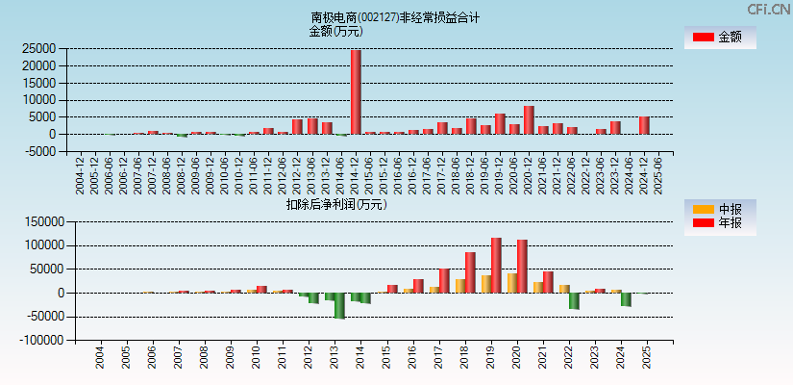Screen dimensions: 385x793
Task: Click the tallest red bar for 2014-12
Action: click(x=356, y=91)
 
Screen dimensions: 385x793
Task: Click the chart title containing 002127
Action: click(x=395, y=17)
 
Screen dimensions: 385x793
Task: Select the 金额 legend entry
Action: click(x=720, y=38)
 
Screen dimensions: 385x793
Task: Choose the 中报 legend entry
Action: click(x=720, y=209)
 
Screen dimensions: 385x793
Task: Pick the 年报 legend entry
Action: click(x=720, y=223)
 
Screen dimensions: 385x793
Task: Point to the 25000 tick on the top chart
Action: click(x=38, y=48)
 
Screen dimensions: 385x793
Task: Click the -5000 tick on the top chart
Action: click(x=38, y=152)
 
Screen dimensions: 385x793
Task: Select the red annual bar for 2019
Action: click(x=496, y=265)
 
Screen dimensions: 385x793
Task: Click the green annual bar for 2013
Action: click(x=339, y=305)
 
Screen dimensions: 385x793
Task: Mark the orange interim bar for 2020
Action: click(x=512, y=283)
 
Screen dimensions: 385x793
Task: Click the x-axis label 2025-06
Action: click(x=658, y=175)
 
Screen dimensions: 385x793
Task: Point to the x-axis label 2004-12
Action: click(x=80, y=175)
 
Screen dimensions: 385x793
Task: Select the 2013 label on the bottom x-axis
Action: click(x=334, y=358)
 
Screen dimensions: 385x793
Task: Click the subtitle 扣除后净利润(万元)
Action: click(x=335, y=204)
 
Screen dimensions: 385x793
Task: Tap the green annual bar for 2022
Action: click(x=574, y=300)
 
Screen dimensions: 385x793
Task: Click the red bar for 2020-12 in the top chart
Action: click(x=529, y=119)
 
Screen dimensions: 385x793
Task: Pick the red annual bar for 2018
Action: click(x=470, y=272)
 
